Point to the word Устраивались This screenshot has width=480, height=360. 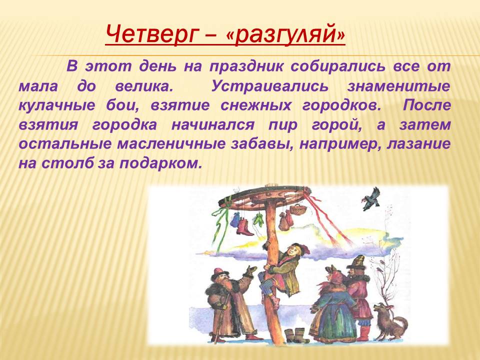(269, 86)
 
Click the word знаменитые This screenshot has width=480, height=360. (398, 86)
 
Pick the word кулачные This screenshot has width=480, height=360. (56, 105)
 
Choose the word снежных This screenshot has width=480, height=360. (255, 105)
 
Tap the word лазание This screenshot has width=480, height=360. (418, 144)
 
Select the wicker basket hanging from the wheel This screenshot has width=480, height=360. (295, 209)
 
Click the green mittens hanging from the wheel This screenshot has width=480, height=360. (258, 220)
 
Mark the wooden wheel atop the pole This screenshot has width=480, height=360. (265, 197)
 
